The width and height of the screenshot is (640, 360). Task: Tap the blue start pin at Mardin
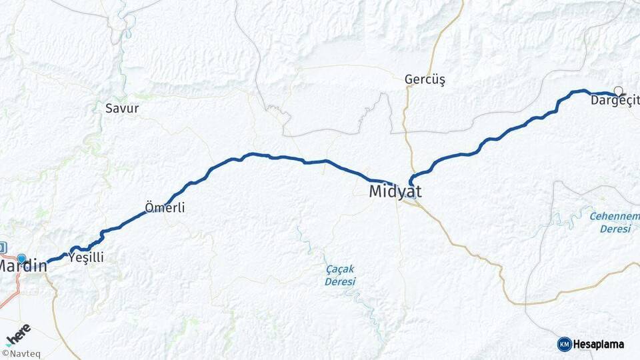pyautogui.click(x=21, y=259)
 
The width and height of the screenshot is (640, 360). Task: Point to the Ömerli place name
pyautogui.click(x=165, y=207)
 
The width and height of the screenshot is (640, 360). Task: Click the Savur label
pyautogui.click(x=122, y=108)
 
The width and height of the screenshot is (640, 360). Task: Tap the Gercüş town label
pyautogui.click(x=425, y=79)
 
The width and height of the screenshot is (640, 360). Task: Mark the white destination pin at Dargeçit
pyautogui.click(x=619, y=91)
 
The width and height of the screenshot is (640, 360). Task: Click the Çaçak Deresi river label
pyautogui.click(x=340, y=275)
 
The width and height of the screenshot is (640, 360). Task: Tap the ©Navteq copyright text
pyautogui.click(x=21, y=353)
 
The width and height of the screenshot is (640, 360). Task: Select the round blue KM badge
pyautogui.click(x=564, y=344)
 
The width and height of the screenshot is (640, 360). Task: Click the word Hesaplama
pyautogui.click(x=599, y=344)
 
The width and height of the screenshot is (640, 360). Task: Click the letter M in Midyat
pyautogui.click(x=377, y=192)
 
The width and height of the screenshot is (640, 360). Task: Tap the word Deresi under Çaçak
pyautogui.click(x=340, y=281)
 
